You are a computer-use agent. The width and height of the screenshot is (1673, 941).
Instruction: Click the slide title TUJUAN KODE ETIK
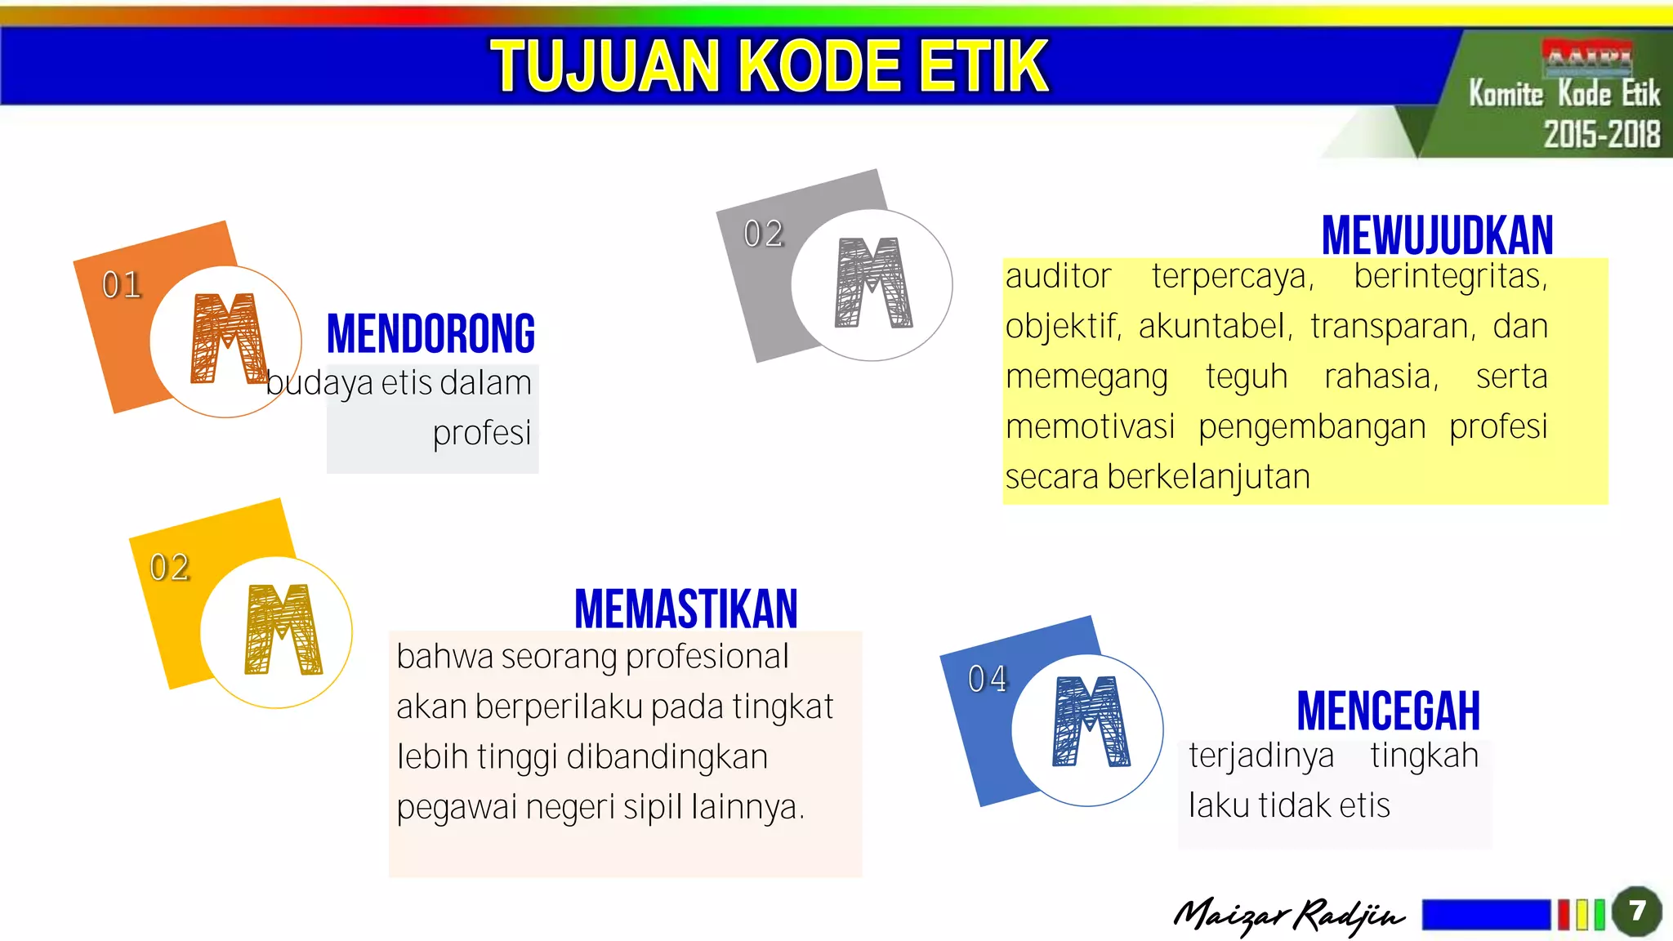[769, 66]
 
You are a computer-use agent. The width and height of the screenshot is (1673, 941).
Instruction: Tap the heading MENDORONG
[431, 334]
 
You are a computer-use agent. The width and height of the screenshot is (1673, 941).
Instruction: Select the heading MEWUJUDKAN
[1437, 236]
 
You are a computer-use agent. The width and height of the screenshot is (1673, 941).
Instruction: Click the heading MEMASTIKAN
[685, 609]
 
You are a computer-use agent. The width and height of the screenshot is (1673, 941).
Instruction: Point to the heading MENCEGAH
[1388, 711]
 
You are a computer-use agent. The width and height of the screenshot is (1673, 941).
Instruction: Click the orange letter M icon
[228, 338]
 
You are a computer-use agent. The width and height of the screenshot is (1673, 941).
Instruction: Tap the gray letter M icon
[872, 283]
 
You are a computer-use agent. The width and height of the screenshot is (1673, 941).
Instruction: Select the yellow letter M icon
[283, 629]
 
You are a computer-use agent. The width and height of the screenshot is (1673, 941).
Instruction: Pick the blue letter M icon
[1091, 721]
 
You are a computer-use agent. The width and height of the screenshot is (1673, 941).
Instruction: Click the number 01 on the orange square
[122, 285]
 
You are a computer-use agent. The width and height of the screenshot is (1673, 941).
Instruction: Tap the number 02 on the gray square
[763, 234]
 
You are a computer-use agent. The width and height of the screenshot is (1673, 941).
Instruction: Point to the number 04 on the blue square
[987, 679]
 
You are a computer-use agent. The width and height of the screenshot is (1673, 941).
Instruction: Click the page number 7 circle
[1636, 911]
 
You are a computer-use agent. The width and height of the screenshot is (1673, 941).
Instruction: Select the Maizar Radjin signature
[1288, 915]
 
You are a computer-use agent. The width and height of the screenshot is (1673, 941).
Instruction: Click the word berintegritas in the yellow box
[1450, 276]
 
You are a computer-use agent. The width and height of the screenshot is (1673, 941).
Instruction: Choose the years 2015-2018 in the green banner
[1601, 134]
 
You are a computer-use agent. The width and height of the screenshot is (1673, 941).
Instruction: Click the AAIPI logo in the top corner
[1586, 56]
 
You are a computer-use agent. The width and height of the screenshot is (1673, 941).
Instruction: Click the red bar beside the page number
[1564, 914]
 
